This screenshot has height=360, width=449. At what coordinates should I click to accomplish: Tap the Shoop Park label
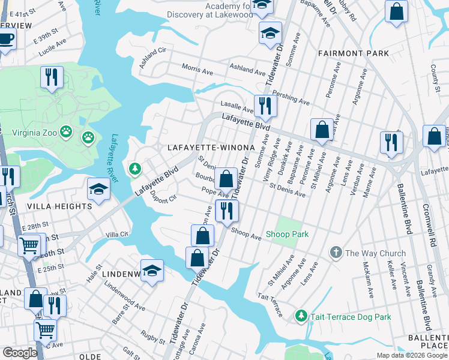[x=287, y=234]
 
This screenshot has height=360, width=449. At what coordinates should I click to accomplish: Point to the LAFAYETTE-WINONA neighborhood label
[x=207, y=147]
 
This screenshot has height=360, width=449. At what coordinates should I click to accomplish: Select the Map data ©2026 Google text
[x=412, y=355]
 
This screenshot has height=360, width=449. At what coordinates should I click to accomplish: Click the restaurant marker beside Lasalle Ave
[x=263, y=106]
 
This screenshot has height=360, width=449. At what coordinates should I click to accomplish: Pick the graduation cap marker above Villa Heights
[x=98, y=189]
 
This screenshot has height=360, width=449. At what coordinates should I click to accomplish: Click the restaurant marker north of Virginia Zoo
[x=52, y=77]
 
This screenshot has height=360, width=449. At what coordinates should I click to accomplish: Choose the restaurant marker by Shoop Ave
[x=227, y=211]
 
